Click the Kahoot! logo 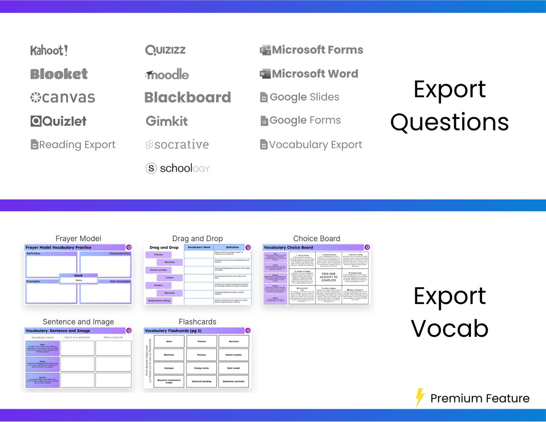(x=49, y=51)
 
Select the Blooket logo (x=59, y=74)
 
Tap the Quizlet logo (x=59, y=121)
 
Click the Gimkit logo (x=167, y=121)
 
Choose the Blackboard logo (x=187, y=97)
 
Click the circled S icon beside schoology (x=151, y=168)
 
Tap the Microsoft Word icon (x=265, y=74)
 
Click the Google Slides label (x=304, y=97)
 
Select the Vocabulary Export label (x=315, y=145)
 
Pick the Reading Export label (x=77, y=145)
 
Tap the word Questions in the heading (x=450, y=122)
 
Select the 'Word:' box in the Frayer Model (x=78, y=278)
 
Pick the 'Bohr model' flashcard (x=233, y=367)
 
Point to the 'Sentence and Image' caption (x=78, y=322)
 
